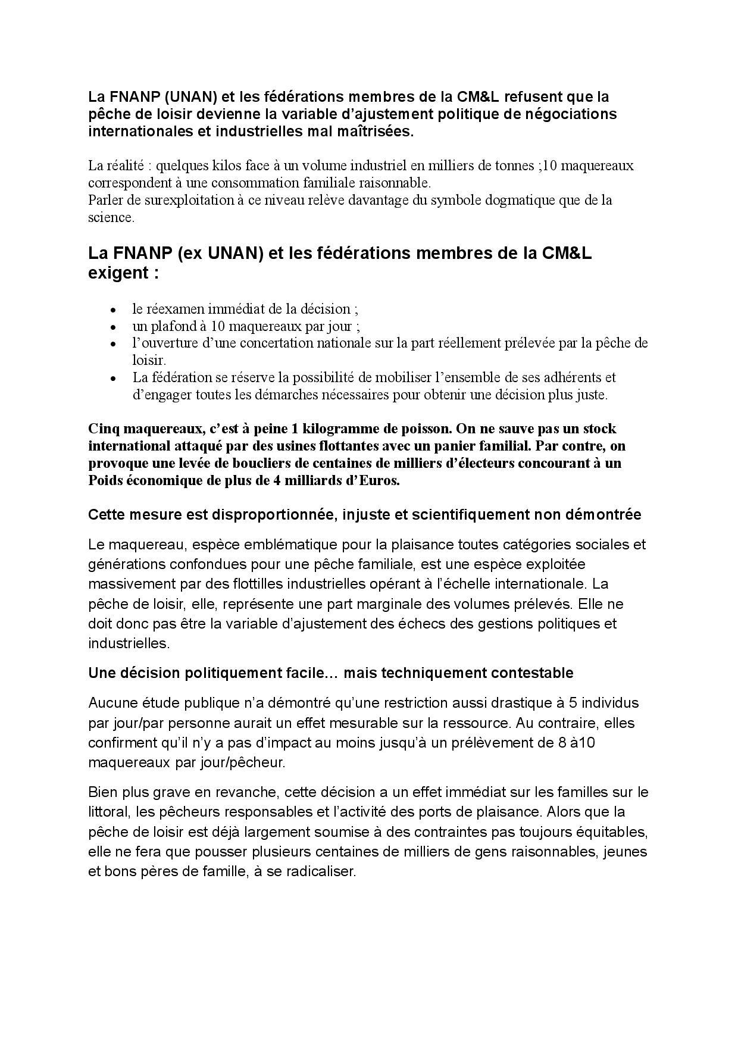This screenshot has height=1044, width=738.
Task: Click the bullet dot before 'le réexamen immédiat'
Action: coord(113,310)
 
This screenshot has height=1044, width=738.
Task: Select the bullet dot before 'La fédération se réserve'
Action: coord(113,378)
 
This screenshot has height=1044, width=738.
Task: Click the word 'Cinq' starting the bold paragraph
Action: coord(103,429)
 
